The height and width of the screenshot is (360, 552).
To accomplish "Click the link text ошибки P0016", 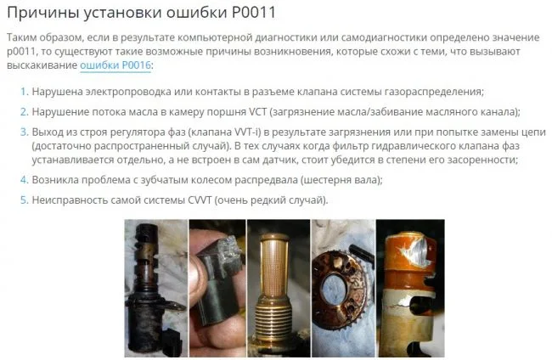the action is tap(115, 65).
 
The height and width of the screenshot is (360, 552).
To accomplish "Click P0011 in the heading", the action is tap(253, 13).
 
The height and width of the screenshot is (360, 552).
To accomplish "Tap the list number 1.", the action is tap(24, 92).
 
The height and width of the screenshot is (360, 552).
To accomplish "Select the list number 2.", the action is tap(24, 112).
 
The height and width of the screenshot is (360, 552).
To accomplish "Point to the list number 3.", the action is tap(24, 132).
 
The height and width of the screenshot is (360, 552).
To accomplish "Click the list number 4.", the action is tap(24, 180).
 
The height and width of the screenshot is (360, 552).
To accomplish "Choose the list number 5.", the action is tap(24, 200).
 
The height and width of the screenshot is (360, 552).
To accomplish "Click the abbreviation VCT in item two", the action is tap(258, 112).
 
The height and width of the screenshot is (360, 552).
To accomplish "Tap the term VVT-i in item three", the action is tap(247, 132).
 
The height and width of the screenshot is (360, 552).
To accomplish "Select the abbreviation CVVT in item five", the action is tap(200, 200).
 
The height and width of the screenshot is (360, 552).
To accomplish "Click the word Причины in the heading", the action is tap(42, 13).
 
